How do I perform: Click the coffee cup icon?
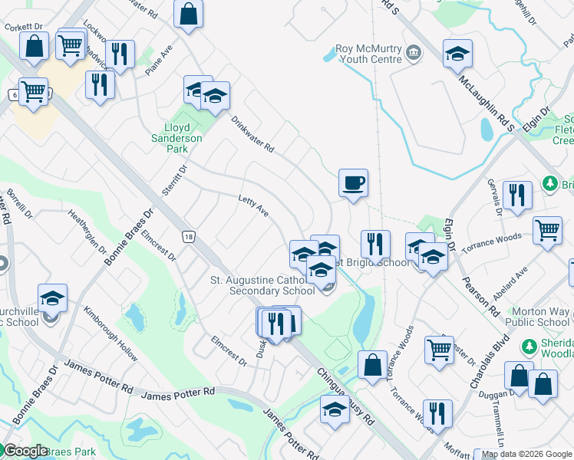pos(353,183)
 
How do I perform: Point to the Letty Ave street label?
pos(253,206)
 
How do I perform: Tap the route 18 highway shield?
pos(188,237)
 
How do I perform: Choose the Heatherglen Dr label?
pos(87,231)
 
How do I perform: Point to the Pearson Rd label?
pos(480,291)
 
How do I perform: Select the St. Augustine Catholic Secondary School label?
pos(262,285)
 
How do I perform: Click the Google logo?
pos(25,451)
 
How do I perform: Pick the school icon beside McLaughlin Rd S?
pos(457,54)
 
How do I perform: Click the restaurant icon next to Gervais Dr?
pos(518,195)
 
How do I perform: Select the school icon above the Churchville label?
pos(52,297)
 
